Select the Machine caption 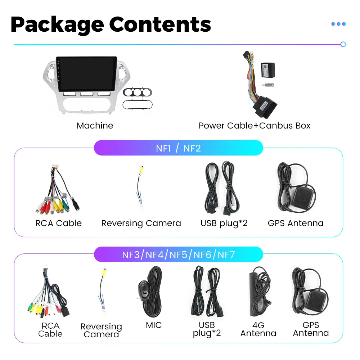click(x=95, y=126)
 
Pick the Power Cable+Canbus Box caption click(x=254, y=126)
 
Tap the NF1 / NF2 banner click(x=178, y=148)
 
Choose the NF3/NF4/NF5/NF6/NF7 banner click(x=178, y=255)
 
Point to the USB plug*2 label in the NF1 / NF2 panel click(x=224, y=223)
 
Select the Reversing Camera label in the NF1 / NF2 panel click(x=141, y=223)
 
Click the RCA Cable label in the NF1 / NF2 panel click(x=59, y=223)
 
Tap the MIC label click(x=153, y=325)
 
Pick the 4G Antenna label click(x=258, y=329)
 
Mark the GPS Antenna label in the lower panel click(x=311, y=329)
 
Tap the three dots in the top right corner click(x=338, y=24)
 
